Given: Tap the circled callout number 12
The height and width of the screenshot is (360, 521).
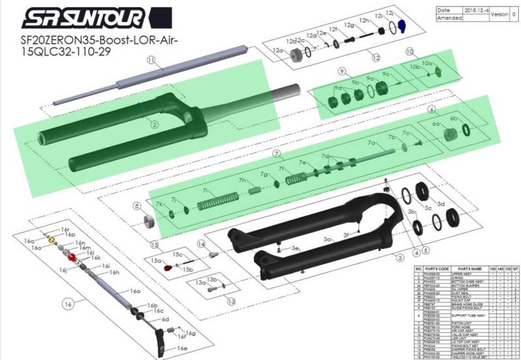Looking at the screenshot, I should pos(375,57).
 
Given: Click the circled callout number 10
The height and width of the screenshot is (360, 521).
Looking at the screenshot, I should pos(410,51).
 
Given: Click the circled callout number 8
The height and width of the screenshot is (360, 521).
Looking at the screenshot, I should pos(136,206).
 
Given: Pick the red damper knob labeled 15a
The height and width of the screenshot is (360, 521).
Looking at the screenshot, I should pos(167,267).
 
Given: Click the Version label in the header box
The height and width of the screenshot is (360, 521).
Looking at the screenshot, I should pos(501,13).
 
